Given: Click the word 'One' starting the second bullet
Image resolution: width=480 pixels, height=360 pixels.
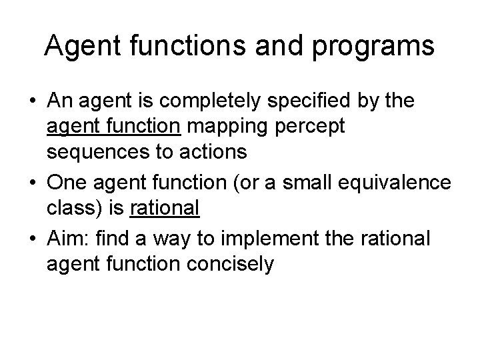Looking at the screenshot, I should click(67, 183).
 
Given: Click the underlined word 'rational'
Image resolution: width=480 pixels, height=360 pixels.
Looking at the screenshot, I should click(165, 208).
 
